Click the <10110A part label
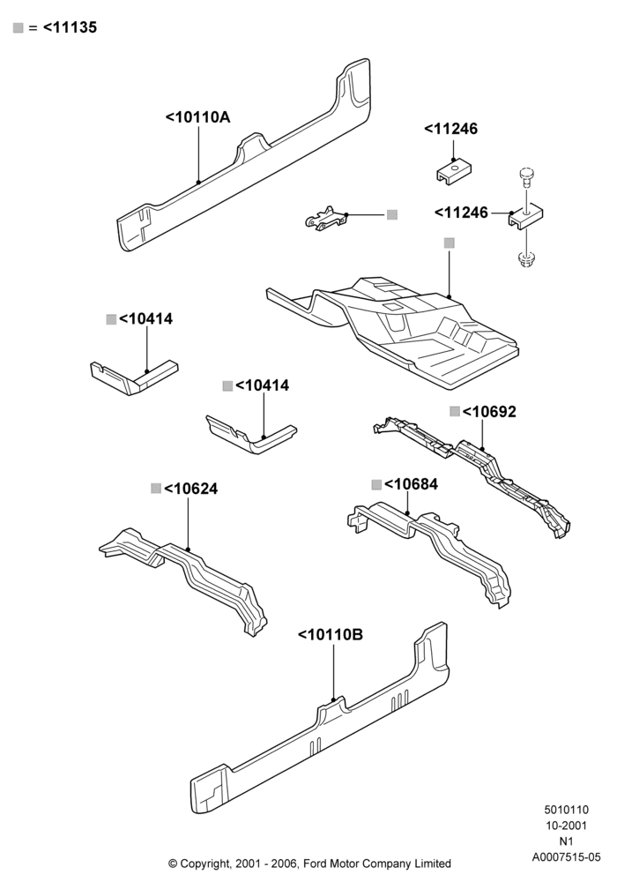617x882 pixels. click(197, 117)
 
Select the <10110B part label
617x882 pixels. click(331, 634)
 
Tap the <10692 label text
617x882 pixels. click(489, 412)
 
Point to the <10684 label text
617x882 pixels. click(411, 483)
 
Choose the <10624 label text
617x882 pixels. click(190, 489)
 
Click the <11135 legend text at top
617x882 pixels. click(70, 27)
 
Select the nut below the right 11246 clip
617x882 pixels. click(526, 259)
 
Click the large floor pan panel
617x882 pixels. click(393, 332)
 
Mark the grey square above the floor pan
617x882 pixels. click(449, 243)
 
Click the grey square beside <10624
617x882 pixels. click(156, 489)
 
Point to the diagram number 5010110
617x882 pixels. click(566, 810)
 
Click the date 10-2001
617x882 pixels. click(566, 826)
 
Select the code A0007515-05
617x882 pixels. click(566, 856)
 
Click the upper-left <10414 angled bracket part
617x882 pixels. click(134, 377)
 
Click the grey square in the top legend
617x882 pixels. click(18, 27)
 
